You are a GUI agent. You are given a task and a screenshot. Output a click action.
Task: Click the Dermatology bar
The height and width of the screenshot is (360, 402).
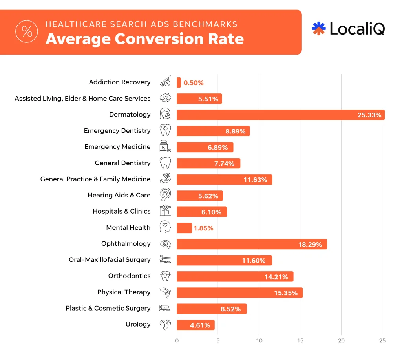pos(280,115)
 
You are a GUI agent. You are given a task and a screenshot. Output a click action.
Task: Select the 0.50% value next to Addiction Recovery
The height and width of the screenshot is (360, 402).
pos(194,83)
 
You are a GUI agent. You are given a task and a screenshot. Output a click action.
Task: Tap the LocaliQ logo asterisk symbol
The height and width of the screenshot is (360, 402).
pos(319,28)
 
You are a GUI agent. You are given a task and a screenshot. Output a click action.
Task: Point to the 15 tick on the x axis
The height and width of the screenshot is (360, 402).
pos(300,340)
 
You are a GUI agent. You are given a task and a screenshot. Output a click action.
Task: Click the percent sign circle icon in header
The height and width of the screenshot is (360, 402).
pos(27,31)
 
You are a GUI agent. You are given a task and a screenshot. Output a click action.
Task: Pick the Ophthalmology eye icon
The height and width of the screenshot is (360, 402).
pos(166,244)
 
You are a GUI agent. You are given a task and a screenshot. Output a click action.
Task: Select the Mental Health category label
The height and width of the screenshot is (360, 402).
pos(128,227)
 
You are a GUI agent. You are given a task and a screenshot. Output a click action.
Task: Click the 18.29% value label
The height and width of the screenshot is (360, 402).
pos(310,244)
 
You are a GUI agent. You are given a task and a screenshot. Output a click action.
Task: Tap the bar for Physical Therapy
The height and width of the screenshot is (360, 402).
pos(239,292)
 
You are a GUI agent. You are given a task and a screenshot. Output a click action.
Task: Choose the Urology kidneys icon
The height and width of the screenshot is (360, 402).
pos(165,325)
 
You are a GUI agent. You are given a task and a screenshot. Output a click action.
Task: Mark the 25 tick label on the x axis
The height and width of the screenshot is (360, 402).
pos(382,340)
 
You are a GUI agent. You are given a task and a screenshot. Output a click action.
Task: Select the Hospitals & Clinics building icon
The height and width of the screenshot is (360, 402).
pos(166,211)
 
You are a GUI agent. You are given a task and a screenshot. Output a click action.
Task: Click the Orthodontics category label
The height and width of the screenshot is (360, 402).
pos(129,276)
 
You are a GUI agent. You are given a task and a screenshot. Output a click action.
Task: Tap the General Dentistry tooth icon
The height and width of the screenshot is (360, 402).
pos(166,163)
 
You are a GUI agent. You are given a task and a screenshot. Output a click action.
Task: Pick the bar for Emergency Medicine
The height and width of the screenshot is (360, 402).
pos(205,147)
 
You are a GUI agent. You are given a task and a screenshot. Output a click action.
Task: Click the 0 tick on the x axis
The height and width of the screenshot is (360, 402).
pos(177,340)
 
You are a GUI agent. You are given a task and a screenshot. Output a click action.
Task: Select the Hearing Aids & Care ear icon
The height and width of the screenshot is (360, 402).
pos(165,195)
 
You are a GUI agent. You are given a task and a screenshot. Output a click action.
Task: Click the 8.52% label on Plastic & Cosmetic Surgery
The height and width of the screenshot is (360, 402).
pos(230,309)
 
